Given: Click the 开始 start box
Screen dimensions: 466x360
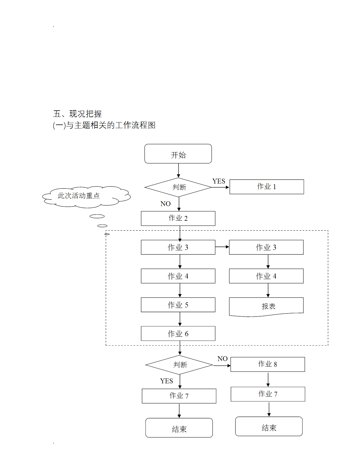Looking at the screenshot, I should click(x=178, y=154).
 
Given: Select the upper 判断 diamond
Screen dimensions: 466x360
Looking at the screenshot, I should click(x=178, y=187).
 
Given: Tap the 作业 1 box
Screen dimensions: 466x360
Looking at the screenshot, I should click(x=267, y=187).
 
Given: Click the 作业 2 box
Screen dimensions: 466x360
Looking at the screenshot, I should click(x=178, y=218).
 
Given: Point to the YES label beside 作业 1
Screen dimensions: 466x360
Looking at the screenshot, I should click(x=219, y=181).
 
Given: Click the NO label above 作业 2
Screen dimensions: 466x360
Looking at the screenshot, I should click(x=166, y=204).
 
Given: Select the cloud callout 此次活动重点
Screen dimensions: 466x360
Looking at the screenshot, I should click(x=85, y=196).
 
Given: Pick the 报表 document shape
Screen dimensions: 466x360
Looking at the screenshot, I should click(x=266, y=307).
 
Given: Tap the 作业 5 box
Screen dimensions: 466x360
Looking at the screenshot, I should click(x=178, y=305).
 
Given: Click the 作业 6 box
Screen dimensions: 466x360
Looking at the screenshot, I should click(x=178, y=334).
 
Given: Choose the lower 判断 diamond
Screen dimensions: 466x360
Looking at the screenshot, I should click(x=179, y=365).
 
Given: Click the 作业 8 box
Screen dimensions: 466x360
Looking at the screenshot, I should click(x=267, y=364).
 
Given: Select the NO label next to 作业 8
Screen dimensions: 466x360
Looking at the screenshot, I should click(x=222, y=359).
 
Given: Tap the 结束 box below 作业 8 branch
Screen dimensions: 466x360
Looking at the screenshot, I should click(x=269, y=426).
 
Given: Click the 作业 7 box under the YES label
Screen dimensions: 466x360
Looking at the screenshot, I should click(x=179, y=396).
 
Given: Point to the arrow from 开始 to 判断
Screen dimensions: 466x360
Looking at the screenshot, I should click(x=178, y=170).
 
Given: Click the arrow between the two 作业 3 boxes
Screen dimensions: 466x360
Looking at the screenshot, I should click(x=222, y=247).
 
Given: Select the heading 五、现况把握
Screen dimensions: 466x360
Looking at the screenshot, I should click(x=77, y=114).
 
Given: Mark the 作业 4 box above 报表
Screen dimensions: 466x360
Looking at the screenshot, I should click(x=266, y=276).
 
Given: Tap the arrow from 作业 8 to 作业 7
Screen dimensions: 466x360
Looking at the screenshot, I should click(x=268, y=379).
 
